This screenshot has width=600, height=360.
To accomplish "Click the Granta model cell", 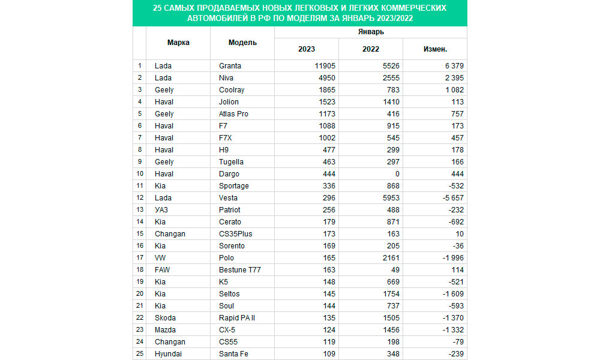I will (230, 66).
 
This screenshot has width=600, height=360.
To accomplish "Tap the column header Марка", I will (178, 43).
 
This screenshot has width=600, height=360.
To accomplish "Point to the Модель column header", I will (242, 43).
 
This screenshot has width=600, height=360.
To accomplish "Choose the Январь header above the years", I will (370, 32).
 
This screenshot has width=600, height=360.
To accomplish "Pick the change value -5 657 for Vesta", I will (451, 198).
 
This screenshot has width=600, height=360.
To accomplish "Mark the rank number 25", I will (140, 354).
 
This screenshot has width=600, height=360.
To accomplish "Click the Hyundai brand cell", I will (167, 354).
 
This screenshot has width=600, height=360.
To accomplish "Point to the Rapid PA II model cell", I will (237, 318).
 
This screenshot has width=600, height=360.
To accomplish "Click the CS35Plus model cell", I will (236, 234).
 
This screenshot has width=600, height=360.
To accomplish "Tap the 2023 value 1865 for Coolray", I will (326, 90).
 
